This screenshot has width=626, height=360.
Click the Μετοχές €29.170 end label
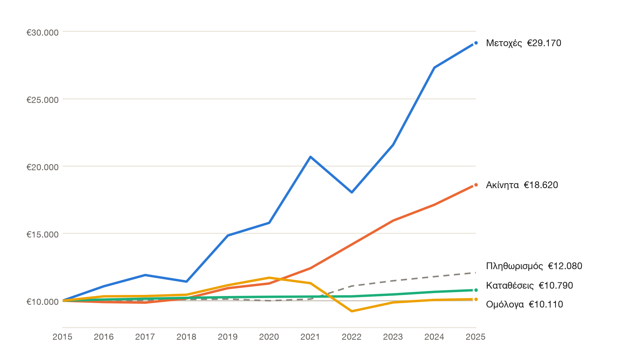(524, 43)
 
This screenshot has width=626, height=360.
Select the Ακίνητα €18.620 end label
(522, 185)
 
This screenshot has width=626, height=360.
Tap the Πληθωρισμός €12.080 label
(534, 266)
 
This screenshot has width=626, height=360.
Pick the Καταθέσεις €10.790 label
(529, 286)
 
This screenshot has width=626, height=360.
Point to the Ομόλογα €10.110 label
(524, 305)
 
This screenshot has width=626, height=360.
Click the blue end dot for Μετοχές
(476, 43)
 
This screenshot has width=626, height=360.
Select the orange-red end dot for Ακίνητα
(476, 185)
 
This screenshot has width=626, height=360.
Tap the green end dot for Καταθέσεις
(476, 290)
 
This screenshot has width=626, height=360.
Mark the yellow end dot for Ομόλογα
(476, 299)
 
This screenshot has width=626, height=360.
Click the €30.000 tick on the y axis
(42, 33)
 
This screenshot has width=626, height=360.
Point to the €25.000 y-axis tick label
(42, 100)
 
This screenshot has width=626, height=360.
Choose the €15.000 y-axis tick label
(42, 234)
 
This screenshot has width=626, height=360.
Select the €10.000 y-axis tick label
(42, 302)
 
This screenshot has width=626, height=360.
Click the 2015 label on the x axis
(62, 337)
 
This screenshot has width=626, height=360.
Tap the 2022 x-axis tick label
(352, 337)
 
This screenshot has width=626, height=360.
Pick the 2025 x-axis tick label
(476, 337)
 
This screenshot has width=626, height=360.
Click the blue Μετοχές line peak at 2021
(311, 157)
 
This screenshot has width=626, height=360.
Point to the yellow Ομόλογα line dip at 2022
(352, 311)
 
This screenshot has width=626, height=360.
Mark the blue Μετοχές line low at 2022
(352, 192)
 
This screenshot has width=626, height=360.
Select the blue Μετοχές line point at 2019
(228, 235)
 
